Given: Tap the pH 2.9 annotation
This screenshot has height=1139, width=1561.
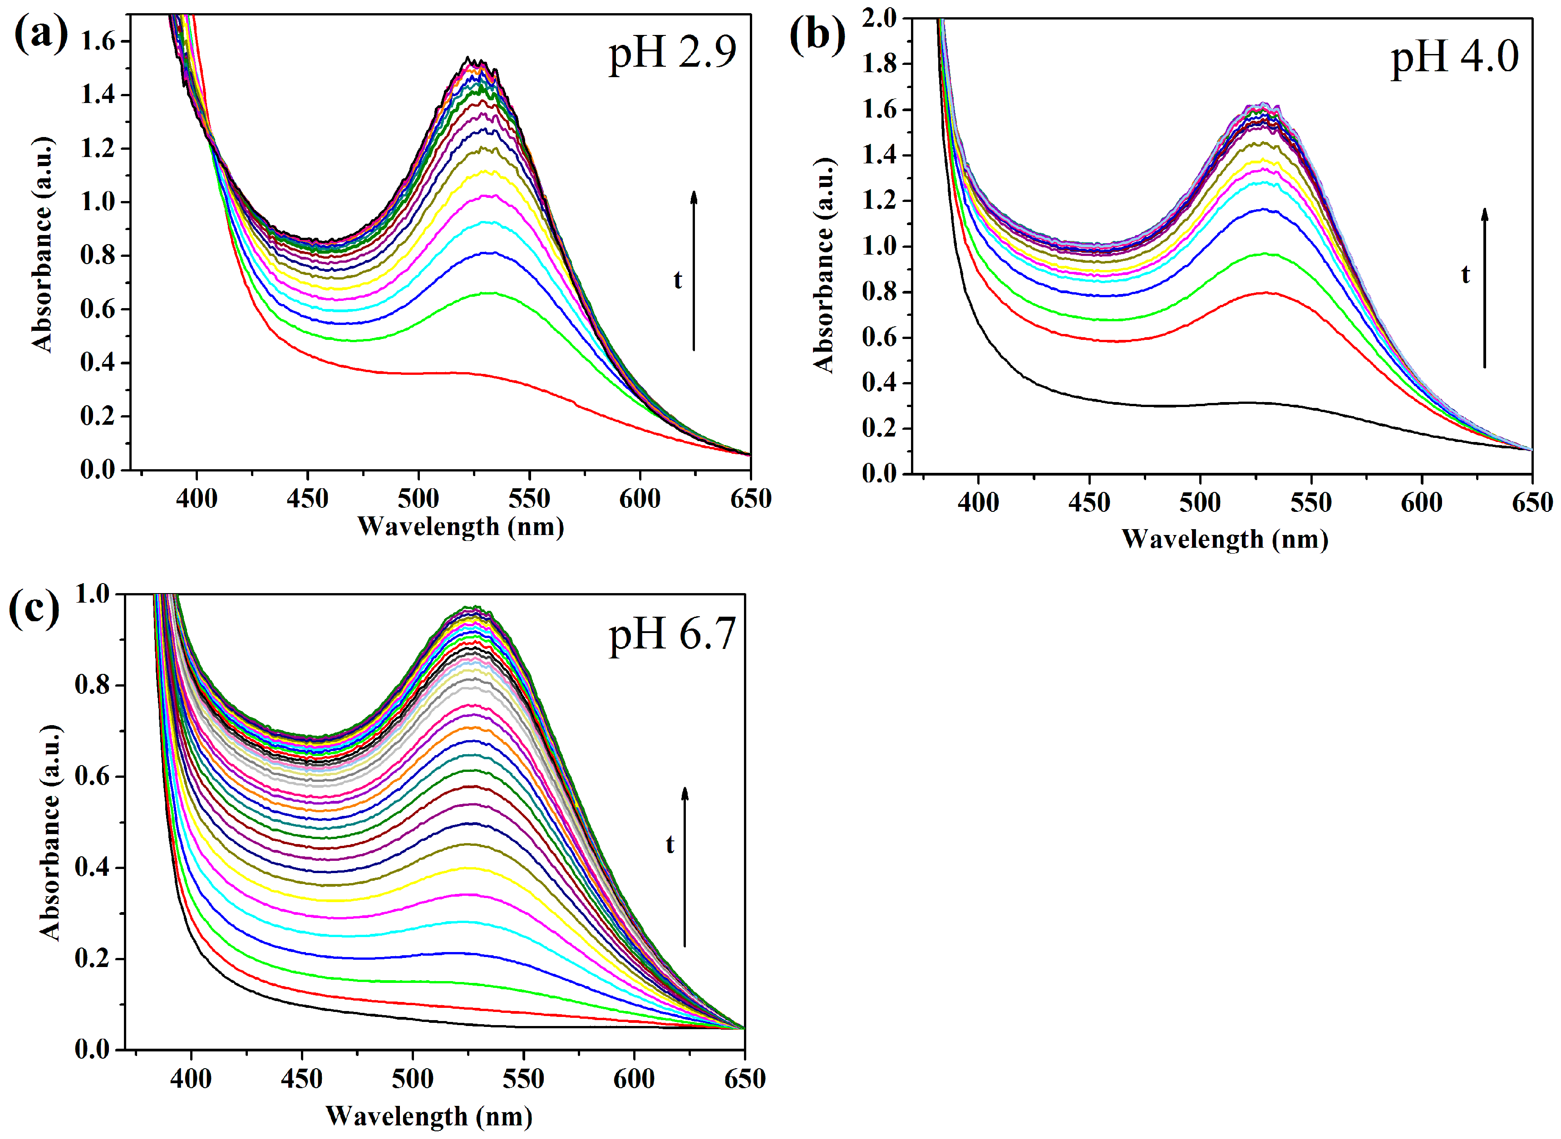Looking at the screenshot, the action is pos(672,54).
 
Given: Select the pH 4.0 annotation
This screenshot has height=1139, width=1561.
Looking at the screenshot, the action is pos(1455,58).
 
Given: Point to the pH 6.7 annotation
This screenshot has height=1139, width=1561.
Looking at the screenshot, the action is pos(672,635).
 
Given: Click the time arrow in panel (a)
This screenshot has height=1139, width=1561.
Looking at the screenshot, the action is pos(694,271).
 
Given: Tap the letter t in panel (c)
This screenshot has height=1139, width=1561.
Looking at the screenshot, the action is pos(670,844).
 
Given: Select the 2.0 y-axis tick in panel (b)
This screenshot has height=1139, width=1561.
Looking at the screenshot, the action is pos(880,18).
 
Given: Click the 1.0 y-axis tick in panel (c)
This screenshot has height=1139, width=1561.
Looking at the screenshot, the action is pos(93,594).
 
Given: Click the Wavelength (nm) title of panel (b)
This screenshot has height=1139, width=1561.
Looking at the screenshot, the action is pos(1225,539).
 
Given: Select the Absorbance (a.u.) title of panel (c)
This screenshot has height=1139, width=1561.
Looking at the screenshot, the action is pos(49,832).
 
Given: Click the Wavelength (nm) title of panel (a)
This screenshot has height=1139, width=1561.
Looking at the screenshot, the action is pos(461,527).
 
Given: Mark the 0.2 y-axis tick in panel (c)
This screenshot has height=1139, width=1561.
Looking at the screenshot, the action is pos(93,958).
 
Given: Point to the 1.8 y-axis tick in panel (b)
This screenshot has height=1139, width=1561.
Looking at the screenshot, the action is pos(880,64).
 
